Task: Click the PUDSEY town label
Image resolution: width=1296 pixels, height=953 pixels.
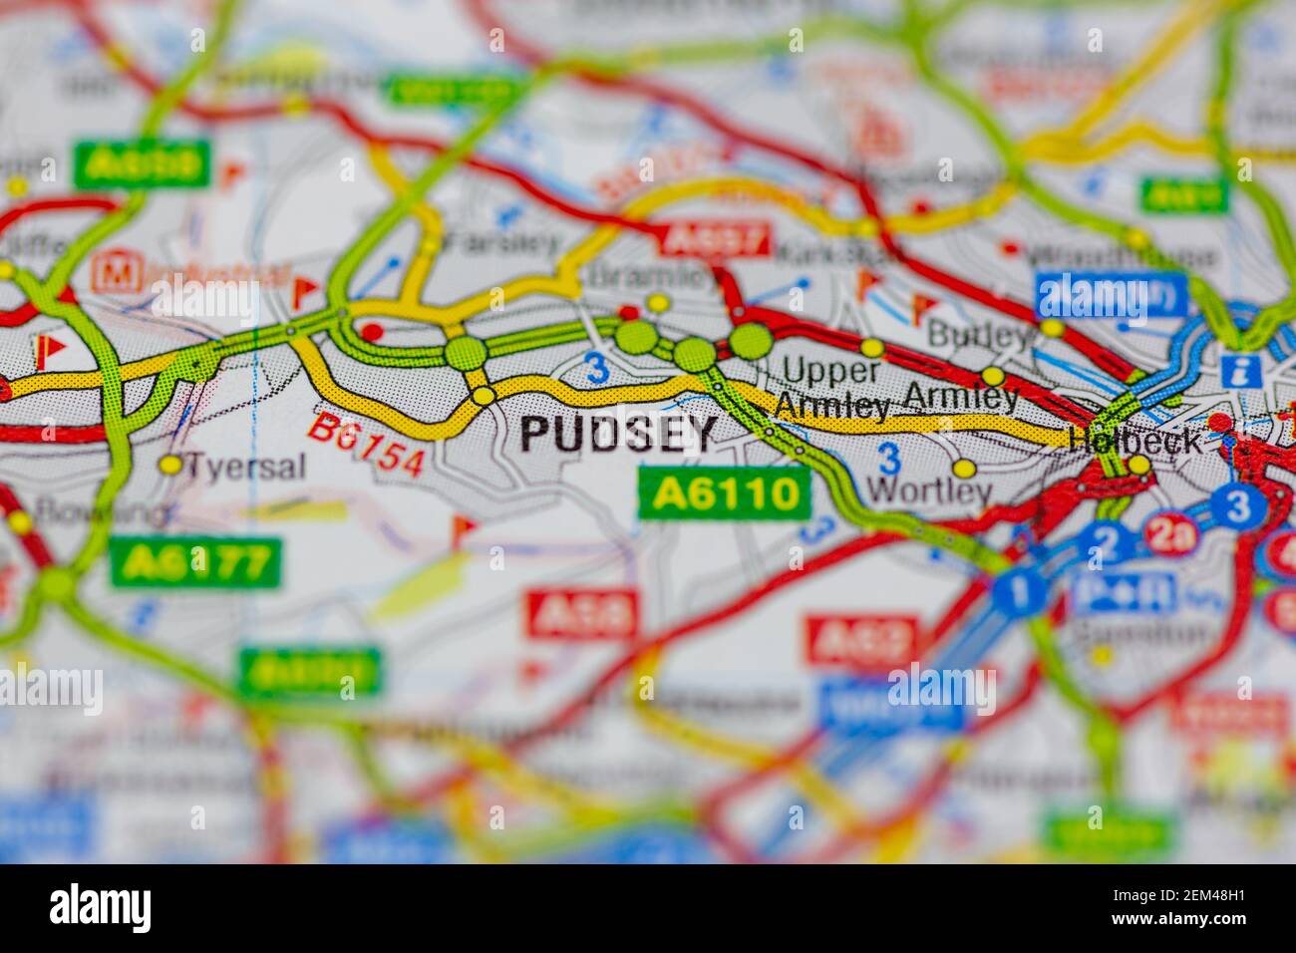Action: (618, 434)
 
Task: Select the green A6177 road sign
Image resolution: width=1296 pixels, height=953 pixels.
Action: (195, 563)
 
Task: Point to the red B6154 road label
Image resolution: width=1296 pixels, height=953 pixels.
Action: (365, 445)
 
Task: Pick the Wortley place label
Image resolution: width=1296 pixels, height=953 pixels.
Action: (929, 490)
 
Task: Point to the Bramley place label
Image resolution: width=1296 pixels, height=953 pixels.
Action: (653, 275)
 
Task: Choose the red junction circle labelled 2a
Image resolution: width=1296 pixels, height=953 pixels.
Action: (1171, 533)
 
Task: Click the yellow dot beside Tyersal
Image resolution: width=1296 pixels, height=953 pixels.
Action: (171, 464)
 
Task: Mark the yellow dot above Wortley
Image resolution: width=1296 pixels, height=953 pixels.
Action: (963, 468)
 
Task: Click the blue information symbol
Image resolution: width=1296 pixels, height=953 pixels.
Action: (1246, 372)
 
